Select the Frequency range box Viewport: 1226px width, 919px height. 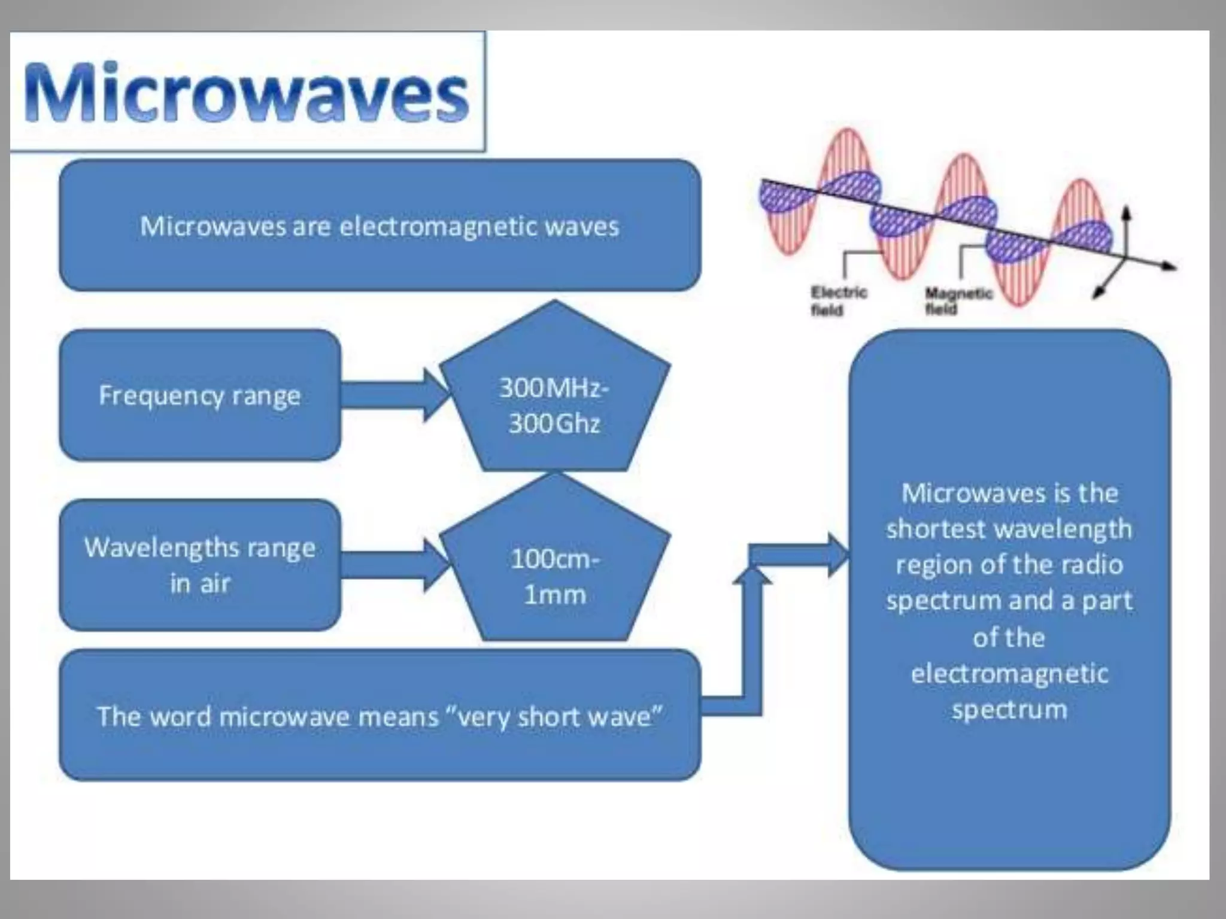click(x=200, y=395)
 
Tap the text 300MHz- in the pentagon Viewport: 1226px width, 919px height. click(x=554, y=388)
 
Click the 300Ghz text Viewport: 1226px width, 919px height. click(x=554, y=424)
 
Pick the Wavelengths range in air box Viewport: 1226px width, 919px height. click(x=200, y=565)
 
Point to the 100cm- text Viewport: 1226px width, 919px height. click(x=554, y=559)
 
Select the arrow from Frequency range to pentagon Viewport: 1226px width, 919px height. click(x=392, y=395)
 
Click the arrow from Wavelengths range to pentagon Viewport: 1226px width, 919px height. click(x=392, y=565)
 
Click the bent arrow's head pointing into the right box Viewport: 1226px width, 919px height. click(x=838, y=555)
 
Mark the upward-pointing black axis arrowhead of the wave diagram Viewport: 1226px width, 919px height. click(x=1126, y=213)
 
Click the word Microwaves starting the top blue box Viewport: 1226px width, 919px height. click(x=213, y=227)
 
